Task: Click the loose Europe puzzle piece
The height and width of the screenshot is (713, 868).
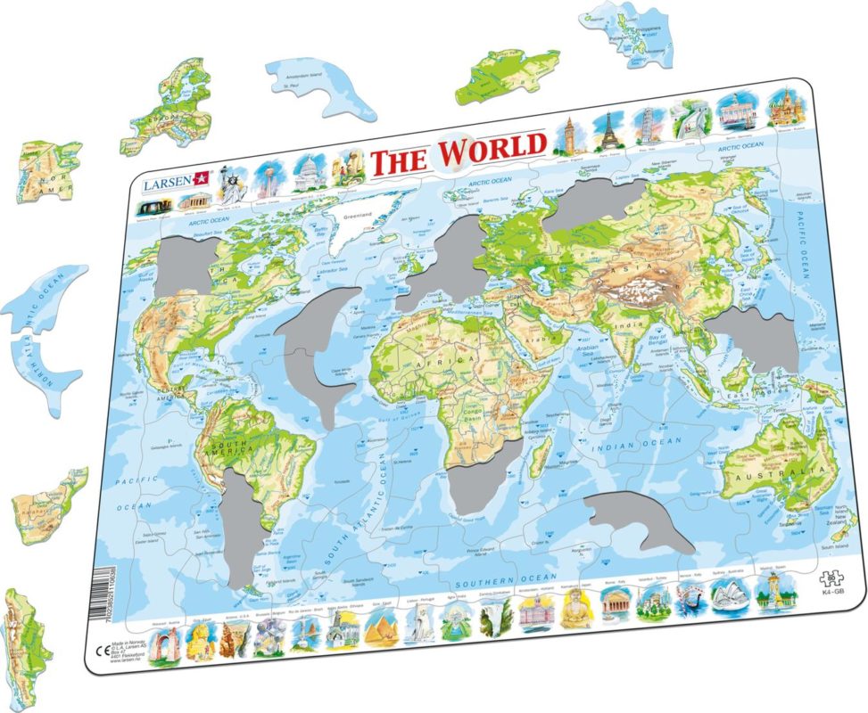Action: pyautogui.click(x=171, y=100)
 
